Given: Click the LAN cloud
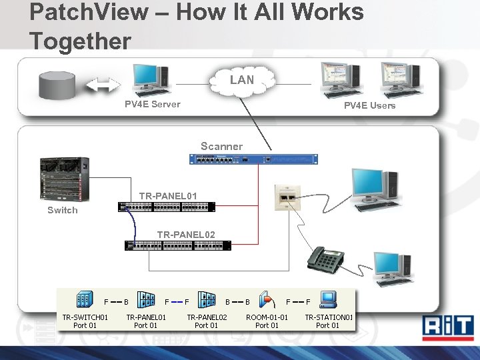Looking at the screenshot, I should [241, 80].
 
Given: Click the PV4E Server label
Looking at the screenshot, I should [152, 104].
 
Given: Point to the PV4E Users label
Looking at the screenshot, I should [369, 105].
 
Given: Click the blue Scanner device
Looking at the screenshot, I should [253, 159].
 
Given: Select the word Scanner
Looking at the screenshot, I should [221, 146].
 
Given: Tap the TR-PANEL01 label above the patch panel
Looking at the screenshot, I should [168, 195].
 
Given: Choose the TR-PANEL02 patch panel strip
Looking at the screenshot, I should [178, 245].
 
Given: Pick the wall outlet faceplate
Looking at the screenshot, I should [288, 197].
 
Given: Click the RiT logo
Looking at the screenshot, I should [449, 328].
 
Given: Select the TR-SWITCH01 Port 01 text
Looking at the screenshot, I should [85, 321].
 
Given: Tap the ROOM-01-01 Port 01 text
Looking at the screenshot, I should [267, 321].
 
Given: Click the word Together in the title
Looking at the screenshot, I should [80, 41].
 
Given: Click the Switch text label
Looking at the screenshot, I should [62, 210].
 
